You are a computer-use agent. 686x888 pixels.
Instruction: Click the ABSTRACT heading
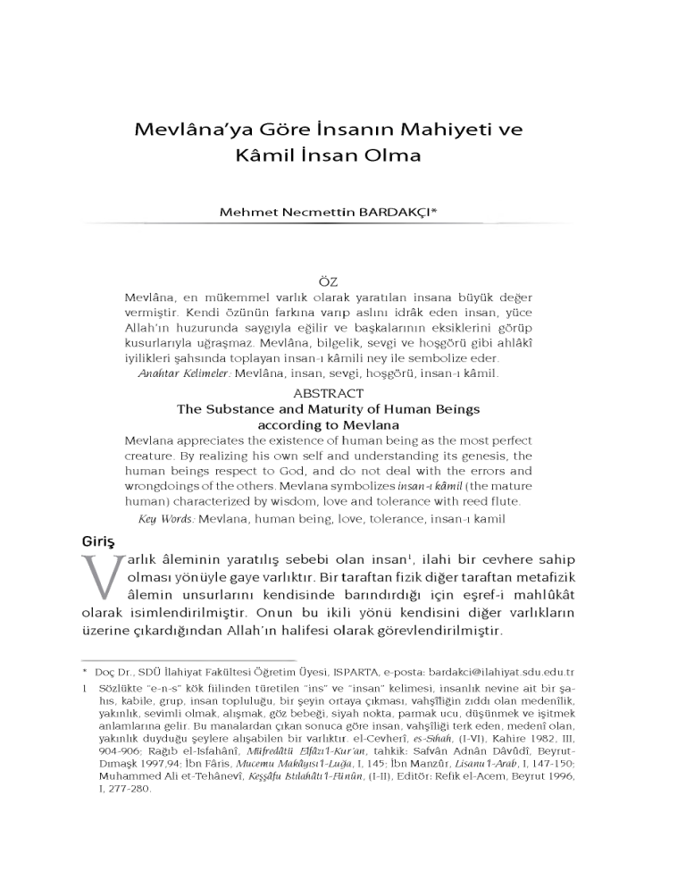point(328,393)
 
